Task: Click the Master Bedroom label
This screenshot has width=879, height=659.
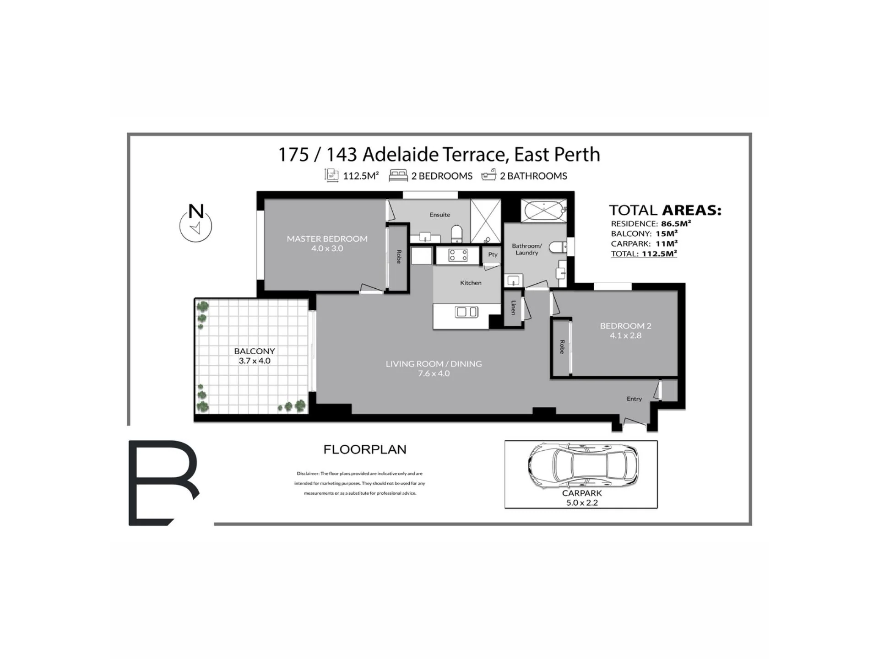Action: (x=327, y=238)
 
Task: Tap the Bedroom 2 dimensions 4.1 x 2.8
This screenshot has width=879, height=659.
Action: (x=625, y=335)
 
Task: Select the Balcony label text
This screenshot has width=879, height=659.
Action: (x=255, y=351)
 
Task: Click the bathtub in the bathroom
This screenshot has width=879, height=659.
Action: (x=544, y=211)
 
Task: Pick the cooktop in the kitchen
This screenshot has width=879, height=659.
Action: (x=458, y=255)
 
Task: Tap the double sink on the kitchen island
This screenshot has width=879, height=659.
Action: (x=467, y=312)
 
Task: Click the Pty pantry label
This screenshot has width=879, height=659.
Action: (x=493, y=254)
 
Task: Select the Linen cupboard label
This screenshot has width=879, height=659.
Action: (x=513, y=308)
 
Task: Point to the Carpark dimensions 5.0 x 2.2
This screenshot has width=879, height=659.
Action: (x=582, y=502)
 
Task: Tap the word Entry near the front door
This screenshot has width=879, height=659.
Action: (x=634, y=399)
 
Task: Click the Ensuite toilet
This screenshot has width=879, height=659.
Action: (x=457, y=234)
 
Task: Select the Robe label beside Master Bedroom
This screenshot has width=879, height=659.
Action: (x=398, y=257)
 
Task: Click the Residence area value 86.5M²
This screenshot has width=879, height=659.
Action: (x=676, y=223)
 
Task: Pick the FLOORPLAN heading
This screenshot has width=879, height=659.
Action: (x=365, y=449)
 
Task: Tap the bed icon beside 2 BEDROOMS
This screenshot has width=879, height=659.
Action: (x=398, y=175)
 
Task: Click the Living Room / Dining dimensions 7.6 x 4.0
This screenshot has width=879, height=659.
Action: (x=434, y=373)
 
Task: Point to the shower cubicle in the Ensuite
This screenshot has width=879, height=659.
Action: (x=486, y=221)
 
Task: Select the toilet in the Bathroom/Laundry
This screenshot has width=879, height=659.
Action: (x=558, y=248)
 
